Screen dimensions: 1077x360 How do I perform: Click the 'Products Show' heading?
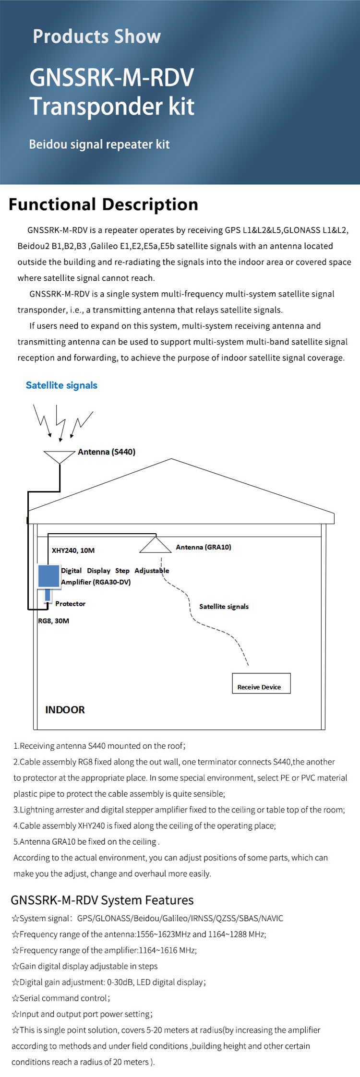coord(96,36)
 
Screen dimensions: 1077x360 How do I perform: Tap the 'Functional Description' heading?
coord(103,204)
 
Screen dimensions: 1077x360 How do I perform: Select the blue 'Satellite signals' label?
coord(61,385)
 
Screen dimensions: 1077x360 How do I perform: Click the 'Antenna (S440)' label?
coord(107,452)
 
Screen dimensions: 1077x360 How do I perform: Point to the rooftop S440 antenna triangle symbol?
coord(59,456)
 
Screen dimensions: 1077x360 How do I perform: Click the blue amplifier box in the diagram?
coord(48,576)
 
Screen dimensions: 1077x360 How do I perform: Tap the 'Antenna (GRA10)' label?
coord(203,547)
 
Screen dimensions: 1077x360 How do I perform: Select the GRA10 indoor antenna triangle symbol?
coord(155,546)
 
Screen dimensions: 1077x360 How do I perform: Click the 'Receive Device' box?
coord(261,683)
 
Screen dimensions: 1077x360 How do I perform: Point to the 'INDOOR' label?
coord(65,710)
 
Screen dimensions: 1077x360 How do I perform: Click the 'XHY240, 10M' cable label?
coord(73,550)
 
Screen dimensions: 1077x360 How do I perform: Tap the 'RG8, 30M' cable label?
coord(54,621)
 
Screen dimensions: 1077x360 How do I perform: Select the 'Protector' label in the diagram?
coord(70,604)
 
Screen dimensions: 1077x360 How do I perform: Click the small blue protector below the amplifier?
coord(48,595)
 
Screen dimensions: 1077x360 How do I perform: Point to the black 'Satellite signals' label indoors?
coord(224,607)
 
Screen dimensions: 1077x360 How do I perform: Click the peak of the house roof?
coord(171,459)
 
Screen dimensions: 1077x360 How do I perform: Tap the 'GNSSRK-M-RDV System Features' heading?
coord(102,900)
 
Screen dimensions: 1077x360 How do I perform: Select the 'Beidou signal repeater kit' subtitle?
coord(99,144)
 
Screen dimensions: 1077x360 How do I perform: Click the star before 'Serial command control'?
coord(15,998)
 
